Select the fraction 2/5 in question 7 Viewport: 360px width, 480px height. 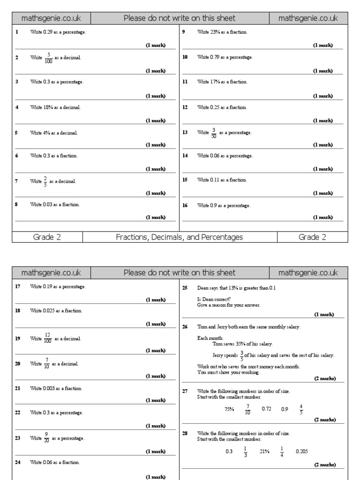45,181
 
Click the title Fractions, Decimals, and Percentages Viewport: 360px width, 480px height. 180,237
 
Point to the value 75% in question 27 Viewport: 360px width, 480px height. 229,409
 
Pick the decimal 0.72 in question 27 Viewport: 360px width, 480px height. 267,409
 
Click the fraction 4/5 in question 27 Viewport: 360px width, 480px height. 301,409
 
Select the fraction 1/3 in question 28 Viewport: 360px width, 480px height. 245,451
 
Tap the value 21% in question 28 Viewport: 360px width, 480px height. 264,451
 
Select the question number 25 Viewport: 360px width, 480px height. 185,288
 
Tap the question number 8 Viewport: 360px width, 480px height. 16,204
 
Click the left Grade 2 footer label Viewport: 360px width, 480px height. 47,237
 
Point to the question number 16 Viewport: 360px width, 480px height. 185,205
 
